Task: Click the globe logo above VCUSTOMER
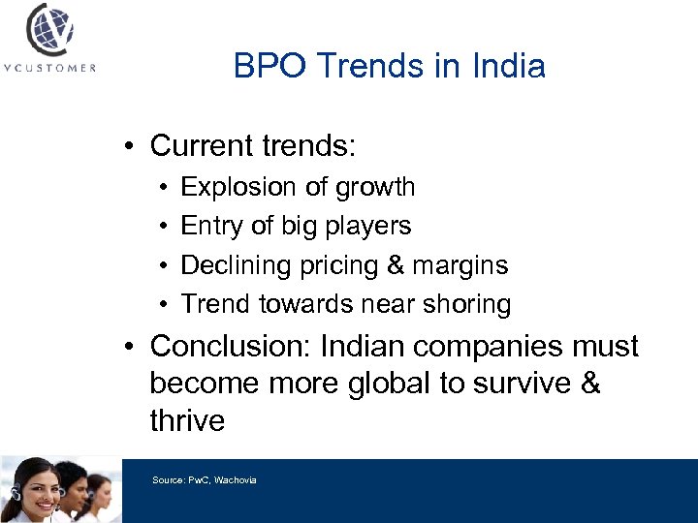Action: [x=49, y=30]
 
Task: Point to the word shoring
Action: [x=468, y=304]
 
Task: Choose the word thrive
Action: [x=187, y=421]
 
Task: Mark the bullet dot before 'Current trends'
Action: [x=128, y=147]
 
